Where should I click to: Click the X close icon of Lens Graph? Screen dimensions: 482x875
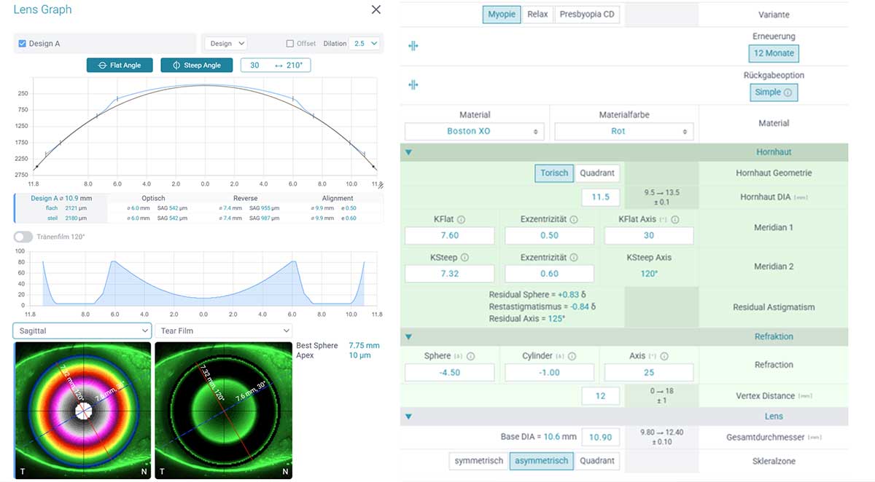pyautogui.click(x=376, y=9)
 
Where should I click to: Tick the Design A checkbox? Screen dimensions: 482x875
pyautogui.click(x=22, y=44)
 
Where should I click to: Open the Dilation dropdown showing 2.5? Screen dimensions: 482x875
pyautogui.click(x=365, y=44)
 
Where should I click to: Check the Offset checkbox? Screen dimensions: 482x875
pyautogui.click(x=290, y=44)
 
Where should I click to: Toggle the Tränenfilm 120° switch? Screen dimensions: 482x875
pyautogui.click(x=23, y=237)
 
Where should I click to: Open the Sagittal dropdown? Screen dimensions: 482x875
pyautogui.click(x=82, y=331)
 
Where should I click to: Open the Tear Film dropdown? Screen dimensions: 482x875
pyautogui.click(x=223, y=331)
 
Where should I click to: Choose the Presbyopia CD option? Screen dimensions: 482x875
pyautogui.click(x=587, y=15)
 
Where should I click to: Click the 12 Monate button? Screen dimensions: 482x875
pyautogui.click(x=774, y=53)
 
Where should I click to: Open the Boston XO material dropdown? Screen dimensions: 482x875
pyautogui.click(x=474, y=132)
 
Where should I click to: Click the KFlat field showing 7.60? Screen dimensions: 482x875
pyautogui.click(x=449, y=236)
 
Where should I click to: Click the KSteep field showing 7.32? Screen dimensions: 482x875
pyautogui.click(x=449, y=274)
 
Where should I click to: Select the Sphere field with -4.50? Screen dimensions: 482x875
pyautogui.click(x=449, y=372)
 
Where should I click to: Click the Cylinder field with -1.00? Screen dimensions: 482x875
pyautogui.click(x=549, y=372)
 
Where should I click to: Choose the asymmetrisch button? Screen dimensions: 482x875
pyautogui.click(x=541, y=461)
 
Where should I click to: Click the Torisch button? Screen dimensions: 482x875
pyautogui.click(x=554, y=173)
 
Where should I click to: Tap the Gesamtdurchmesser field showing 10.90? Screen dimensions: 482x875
pyautogui.click(x=601, y=437)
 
